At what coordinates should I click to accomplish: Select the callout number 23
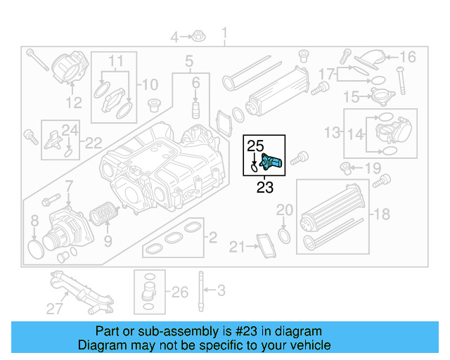coord(264,187)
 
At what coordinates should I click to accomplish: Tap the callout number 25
coord(254,146)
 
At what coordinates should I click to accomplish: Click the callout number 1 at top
coord(225,33)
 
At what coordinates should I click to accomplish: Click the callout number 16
coord(409,57)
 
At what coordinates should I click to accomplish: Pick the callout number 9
coord(108,241)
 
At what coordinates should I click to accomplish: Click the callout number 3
coord(220,289)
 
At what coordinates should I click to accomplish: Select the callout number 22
coord(94,143)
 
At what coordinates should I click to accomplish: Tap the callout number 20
coord(284,210)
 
